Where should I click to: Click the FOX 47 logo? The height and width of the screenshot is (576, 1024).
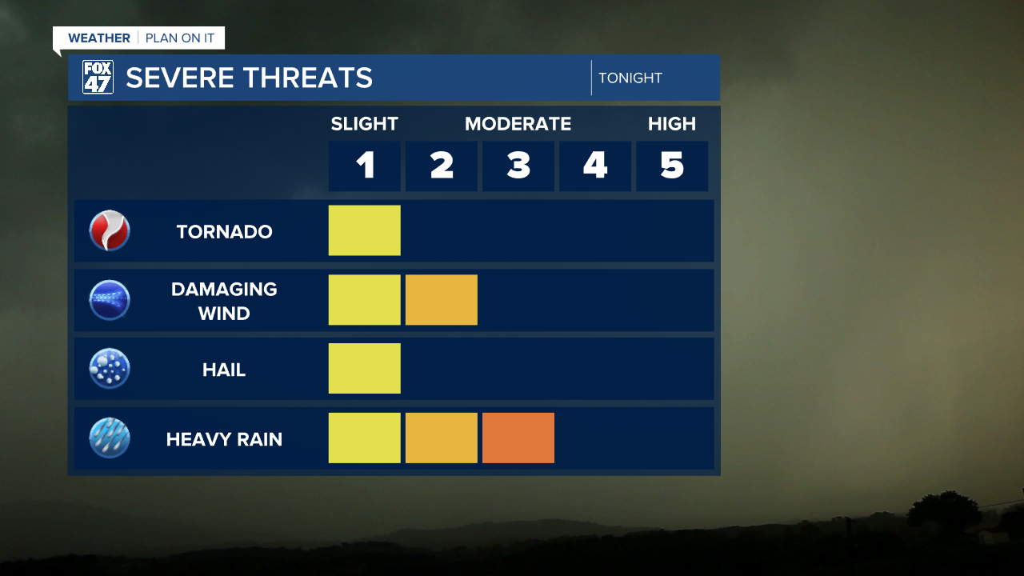(x=98, y=78)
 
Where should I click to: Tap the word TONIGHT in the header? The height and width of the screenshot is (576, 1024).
(x=630, y=78)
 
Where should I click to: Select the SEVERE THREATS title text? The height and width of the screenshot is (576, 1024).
(x=249, y=78)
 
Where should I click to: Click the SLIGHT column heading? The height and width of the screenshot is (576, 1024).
(x=364, y=124)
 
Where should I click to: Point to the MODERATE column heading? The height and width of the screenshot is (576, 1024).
(x=518, y=124)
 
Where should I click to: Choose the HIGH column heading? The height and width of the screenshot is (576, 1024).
(x=671, y=124)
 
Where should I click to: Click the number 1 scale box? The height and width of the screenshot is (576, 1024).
(x=364, y=166)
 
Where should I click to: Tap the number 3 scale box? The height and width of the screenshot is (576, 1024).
(x=518, y=166)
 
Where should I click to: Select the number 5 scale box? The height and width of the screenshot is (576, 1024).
(x=671, y=166)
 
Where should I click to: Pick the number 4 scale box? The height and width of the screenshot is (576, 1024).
(x=594, y=166)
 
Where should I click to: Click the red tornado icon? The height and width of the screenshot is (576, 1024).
(x=110, y=231)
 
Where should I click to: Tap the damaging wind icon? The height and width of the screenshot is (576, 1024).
(x=110, y=300)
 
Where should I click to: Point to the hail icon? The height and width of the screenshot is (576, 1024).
(x=110, y=369)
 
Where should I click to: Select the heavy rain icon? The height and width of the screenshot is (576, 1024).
(x=110, y=438)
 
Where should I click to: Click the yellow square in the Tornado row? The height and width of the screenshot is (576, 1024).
(x=364, y=230)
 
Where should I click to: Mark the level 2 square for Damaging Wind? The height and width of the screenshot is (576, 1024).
(x=441, y=300)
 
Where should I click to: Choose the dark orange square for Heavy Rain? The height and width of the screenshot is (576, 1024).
(x=518, y=438)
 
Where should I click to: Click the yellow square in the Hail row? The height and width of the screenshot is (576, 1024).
(x=364, y=369)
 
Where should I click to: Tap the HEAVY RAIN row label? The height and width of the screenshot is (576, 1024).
(x=224, y=439)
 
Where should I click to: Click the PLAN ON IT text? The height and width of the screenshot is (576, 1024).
(x=180, y=38)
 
